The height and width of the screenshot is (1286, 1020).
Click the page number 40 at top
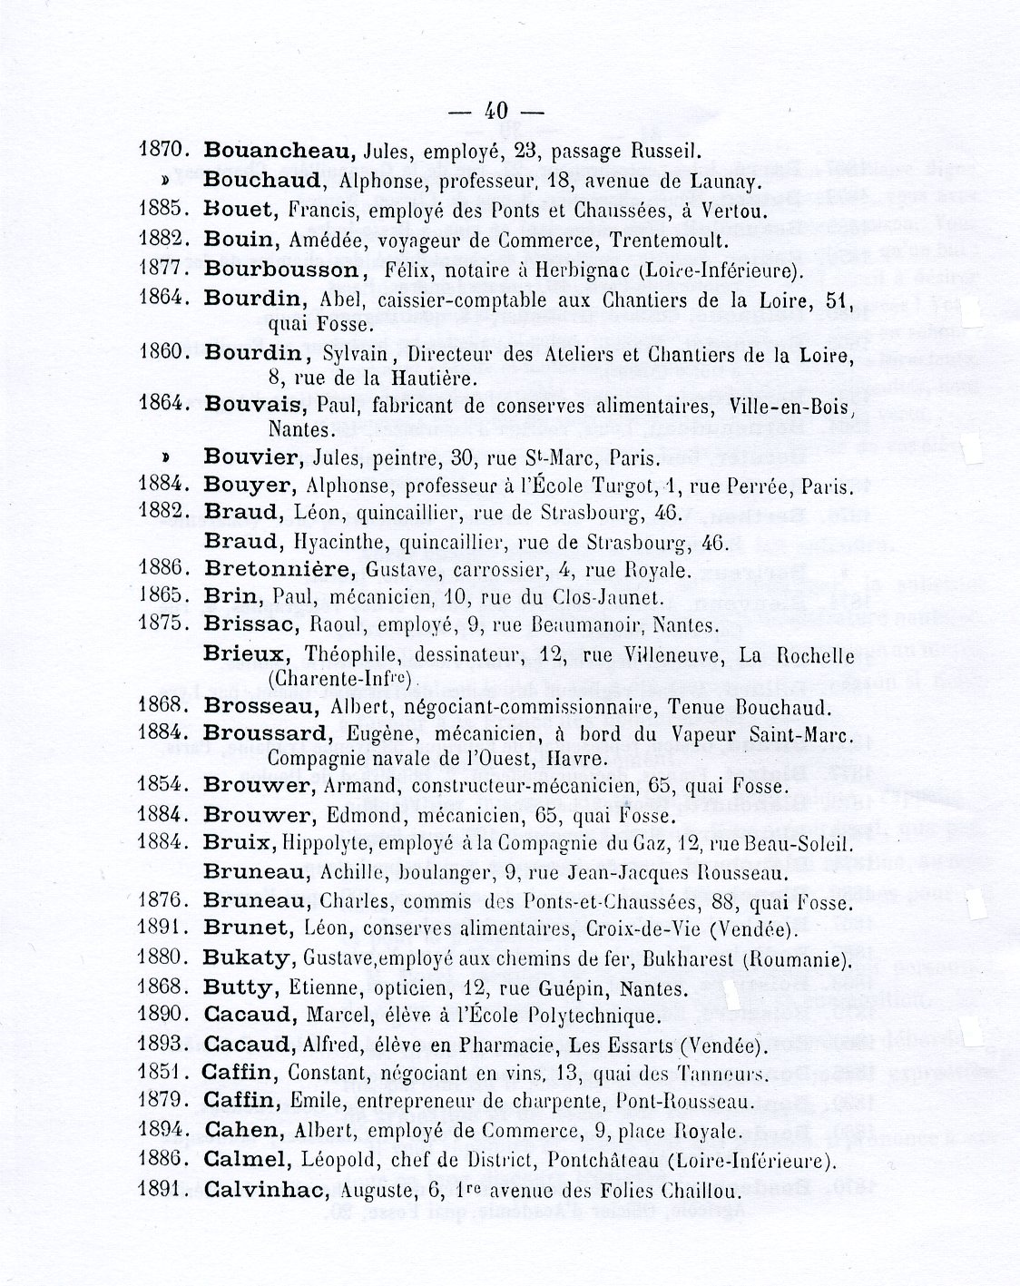click(495, 112)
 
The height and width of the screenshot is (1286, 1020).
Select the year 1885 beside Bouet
click(163, 212)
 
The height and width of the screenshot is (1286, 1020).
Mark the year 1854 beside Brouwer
click(163, 785)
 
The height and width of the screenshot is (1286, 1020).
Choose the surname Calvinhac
click(265, 1189)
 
